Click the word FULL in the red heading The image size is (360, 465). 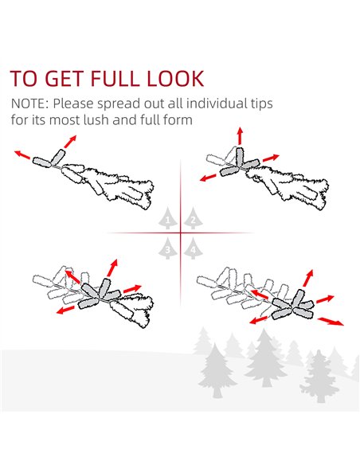(x=114, y=79)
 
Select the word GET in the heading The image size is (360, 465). (x=63, y=79)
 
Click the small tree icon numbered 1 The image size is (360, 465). (x=168, y=218)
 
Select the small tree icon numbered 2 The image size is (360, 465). (x=193, y=218)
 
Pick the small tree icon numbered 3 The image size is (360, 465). (x=168, y=248)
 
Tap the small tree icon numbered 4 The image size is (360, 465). (x=193, y=248)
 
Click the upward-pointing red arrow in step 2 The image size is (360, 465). (x=240, y=136)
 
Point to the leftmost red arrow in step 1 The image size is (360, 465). (x=22, y=154)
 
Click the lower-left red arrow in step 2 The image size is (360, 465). (x=208, y=178)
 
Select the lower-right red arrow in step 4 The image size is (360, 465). (x=331, y=321)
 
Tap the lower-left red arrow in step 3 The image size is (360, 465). (x=65, y=310)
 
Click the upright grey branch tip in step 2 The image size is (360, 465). (x=240, y=157)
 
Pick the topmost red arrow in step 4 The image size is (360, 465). (x=308, y=278)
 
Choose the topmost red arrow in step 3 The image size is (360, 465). (x=112, y=268)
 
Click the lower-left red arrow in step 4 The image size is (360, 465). (x=258, y=320)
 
